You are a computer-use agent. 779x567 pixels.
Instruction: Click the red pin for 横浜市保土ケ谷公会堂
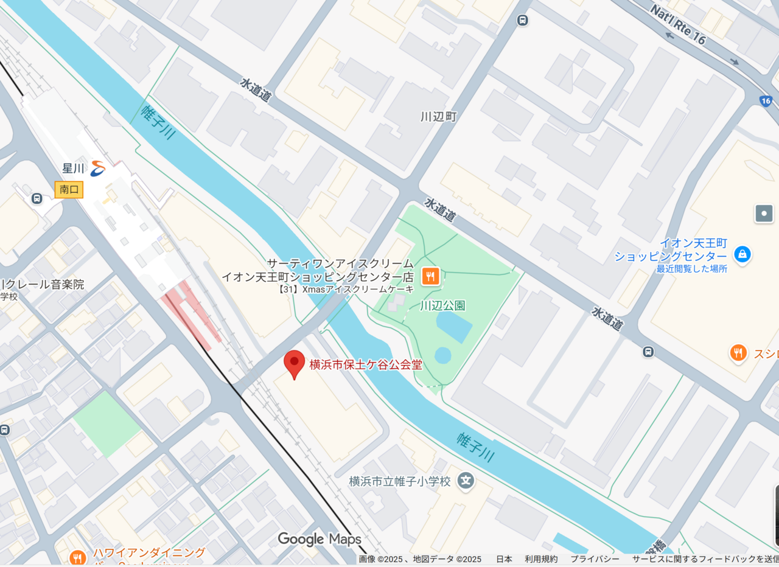(x=295, y=363)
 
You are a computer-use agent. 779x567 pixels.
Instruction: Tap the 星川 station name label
(x=73, y=168)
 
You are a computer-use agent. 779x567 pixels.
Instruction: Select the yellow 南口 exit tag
(x=69, y=190)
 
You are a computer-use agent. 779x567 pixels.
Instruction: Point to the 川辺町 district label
(x=438, y=116)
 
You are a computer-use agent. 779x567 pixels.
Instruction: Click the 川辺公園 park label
(x=442, y=305)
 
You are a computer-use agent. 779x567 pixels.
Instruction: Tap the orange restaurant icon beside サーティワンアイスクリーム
(x=430, y=276)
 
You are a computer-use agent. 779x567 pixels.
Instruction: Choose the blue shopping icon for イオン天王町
(x=742, y=254)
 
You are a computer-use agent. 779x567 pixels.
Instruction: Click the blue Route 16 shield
(x=766, y=101)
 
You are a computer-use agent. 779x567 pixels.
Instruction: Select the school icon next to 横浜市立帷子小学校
(x=466, y=481)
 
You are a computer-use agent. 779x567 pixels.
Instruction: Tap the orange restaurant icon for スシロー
(x=738, y=352)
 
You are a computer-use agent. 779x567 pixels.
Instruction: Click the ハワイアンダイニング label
(x=149, y=553)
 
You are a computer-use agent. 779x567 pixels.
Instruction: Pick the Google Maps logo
(x=320, y=539)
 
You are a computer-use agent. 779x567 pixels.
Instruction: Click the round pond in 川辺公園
(x=443, y=355)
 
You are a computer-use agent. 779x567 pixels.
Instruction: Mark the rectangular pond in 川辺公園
(x=454, y=327)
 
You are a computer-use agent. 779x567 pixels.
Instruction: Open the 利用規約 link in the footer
(x=541, y=559)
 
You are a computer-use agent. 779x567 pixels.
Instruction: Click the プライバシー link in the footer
(x=595, y=559)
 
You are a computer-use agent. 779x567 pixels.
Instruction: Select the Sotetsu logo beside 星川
(x=98, y=168)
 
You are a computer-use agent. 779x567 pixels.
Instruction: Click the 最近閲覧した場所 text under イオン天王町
(x=691, y=268)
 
